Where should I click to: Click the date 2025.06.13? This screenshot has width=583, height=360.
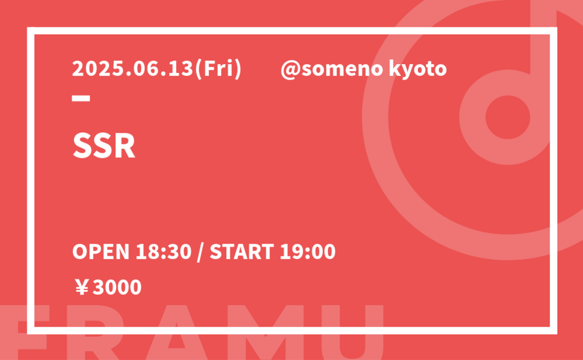click(133, 69)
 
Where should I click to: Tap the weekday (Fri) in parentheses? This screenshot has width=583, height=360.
click(218, 69)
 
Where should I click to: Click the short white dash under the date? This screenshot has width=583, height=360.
click(81, 98)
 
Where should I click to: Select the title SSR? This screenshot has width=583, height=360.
click(104, 146)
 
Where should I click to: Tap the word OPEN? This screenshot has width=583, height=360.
click(101, 252)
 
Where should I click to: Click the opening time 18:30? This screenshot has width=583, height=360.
click(163, 252)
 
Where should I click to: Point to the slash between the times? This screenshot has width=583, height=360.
click(201, 252)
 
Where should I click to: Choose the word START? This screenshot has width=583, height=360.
click(242, 252)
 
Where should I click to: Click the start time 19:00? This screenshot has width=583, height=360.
click(307, 252)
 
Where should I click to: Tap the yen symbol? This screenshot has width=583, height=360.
click(82, 287)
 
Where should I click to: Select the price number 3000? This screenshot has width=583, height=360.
click(117, 287)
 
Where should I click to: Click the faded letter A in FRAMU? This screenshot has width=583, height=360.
click(177, 332)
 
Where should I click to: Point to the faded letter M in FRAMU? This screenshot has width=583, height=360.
click(266, 332)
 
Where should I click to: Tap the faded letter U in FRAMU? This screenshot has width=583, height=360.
click(352, 332)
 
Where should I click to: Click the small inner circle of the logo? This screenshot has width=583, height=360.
click(508, 117)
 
